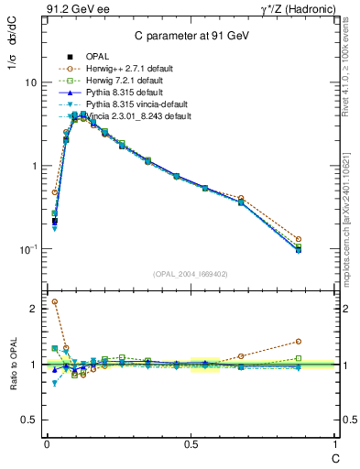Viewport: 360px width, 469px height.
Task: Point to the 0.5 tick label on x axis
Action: click(191, 442)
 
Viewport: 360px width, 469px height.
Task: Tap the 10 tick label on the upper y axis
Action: click(29, 82)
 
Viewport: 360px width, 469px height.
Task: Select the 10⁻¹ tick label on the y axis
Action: click(27, 249)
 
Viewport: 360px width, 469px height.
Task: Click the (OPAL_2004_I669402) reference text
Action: click(187, 273)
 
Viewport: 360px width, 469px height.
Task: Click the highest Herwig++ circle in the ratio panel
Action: click(55, 301)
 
